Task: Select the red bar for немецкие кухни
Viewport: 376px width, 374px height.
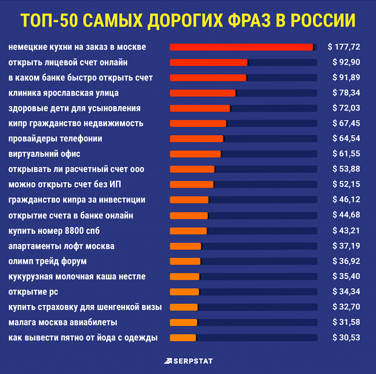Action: [x=241, y=47]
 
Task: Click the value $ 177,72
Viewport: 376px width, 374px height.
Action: [x=344, y=47]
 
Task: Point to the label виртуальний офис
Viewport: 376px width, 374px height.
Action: [x=45, y=154]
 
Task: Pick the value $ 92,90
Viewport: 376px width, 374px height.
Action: [x=346, y=62]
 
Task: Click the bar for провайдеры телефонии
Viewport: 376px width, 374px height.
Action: [x=197, y=139]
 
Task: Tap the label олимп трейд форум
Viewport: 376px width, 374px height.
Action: [x=48, y=261]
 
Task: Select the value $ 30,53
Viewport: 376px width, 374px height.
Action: [x=346, y=337]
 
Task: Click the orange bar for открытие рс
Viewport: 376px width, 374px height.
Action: [x=184, y=292]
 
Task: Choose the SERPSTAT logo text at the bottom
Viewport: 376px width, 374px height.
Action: [x=193, y=360]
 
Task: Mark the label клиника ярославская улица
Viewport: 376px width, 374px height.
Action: [x=64, y=93]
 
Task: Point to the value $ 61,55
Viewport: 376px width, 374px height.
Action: [x=346, y=154]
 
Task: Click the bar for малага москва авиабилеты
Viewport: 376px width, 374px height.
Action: [x=183, y=322]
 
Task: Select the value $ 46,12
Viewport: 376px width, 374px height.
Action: [x=346, y=200]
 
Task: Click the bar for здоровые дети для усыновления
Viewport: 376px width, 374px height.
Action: [x=200, y=108]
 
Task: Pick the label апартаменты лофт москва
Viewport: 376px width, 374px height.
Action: [x=62, y=246]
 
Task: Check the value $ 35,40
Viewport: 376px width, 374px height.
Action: [x=346, y=276]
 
